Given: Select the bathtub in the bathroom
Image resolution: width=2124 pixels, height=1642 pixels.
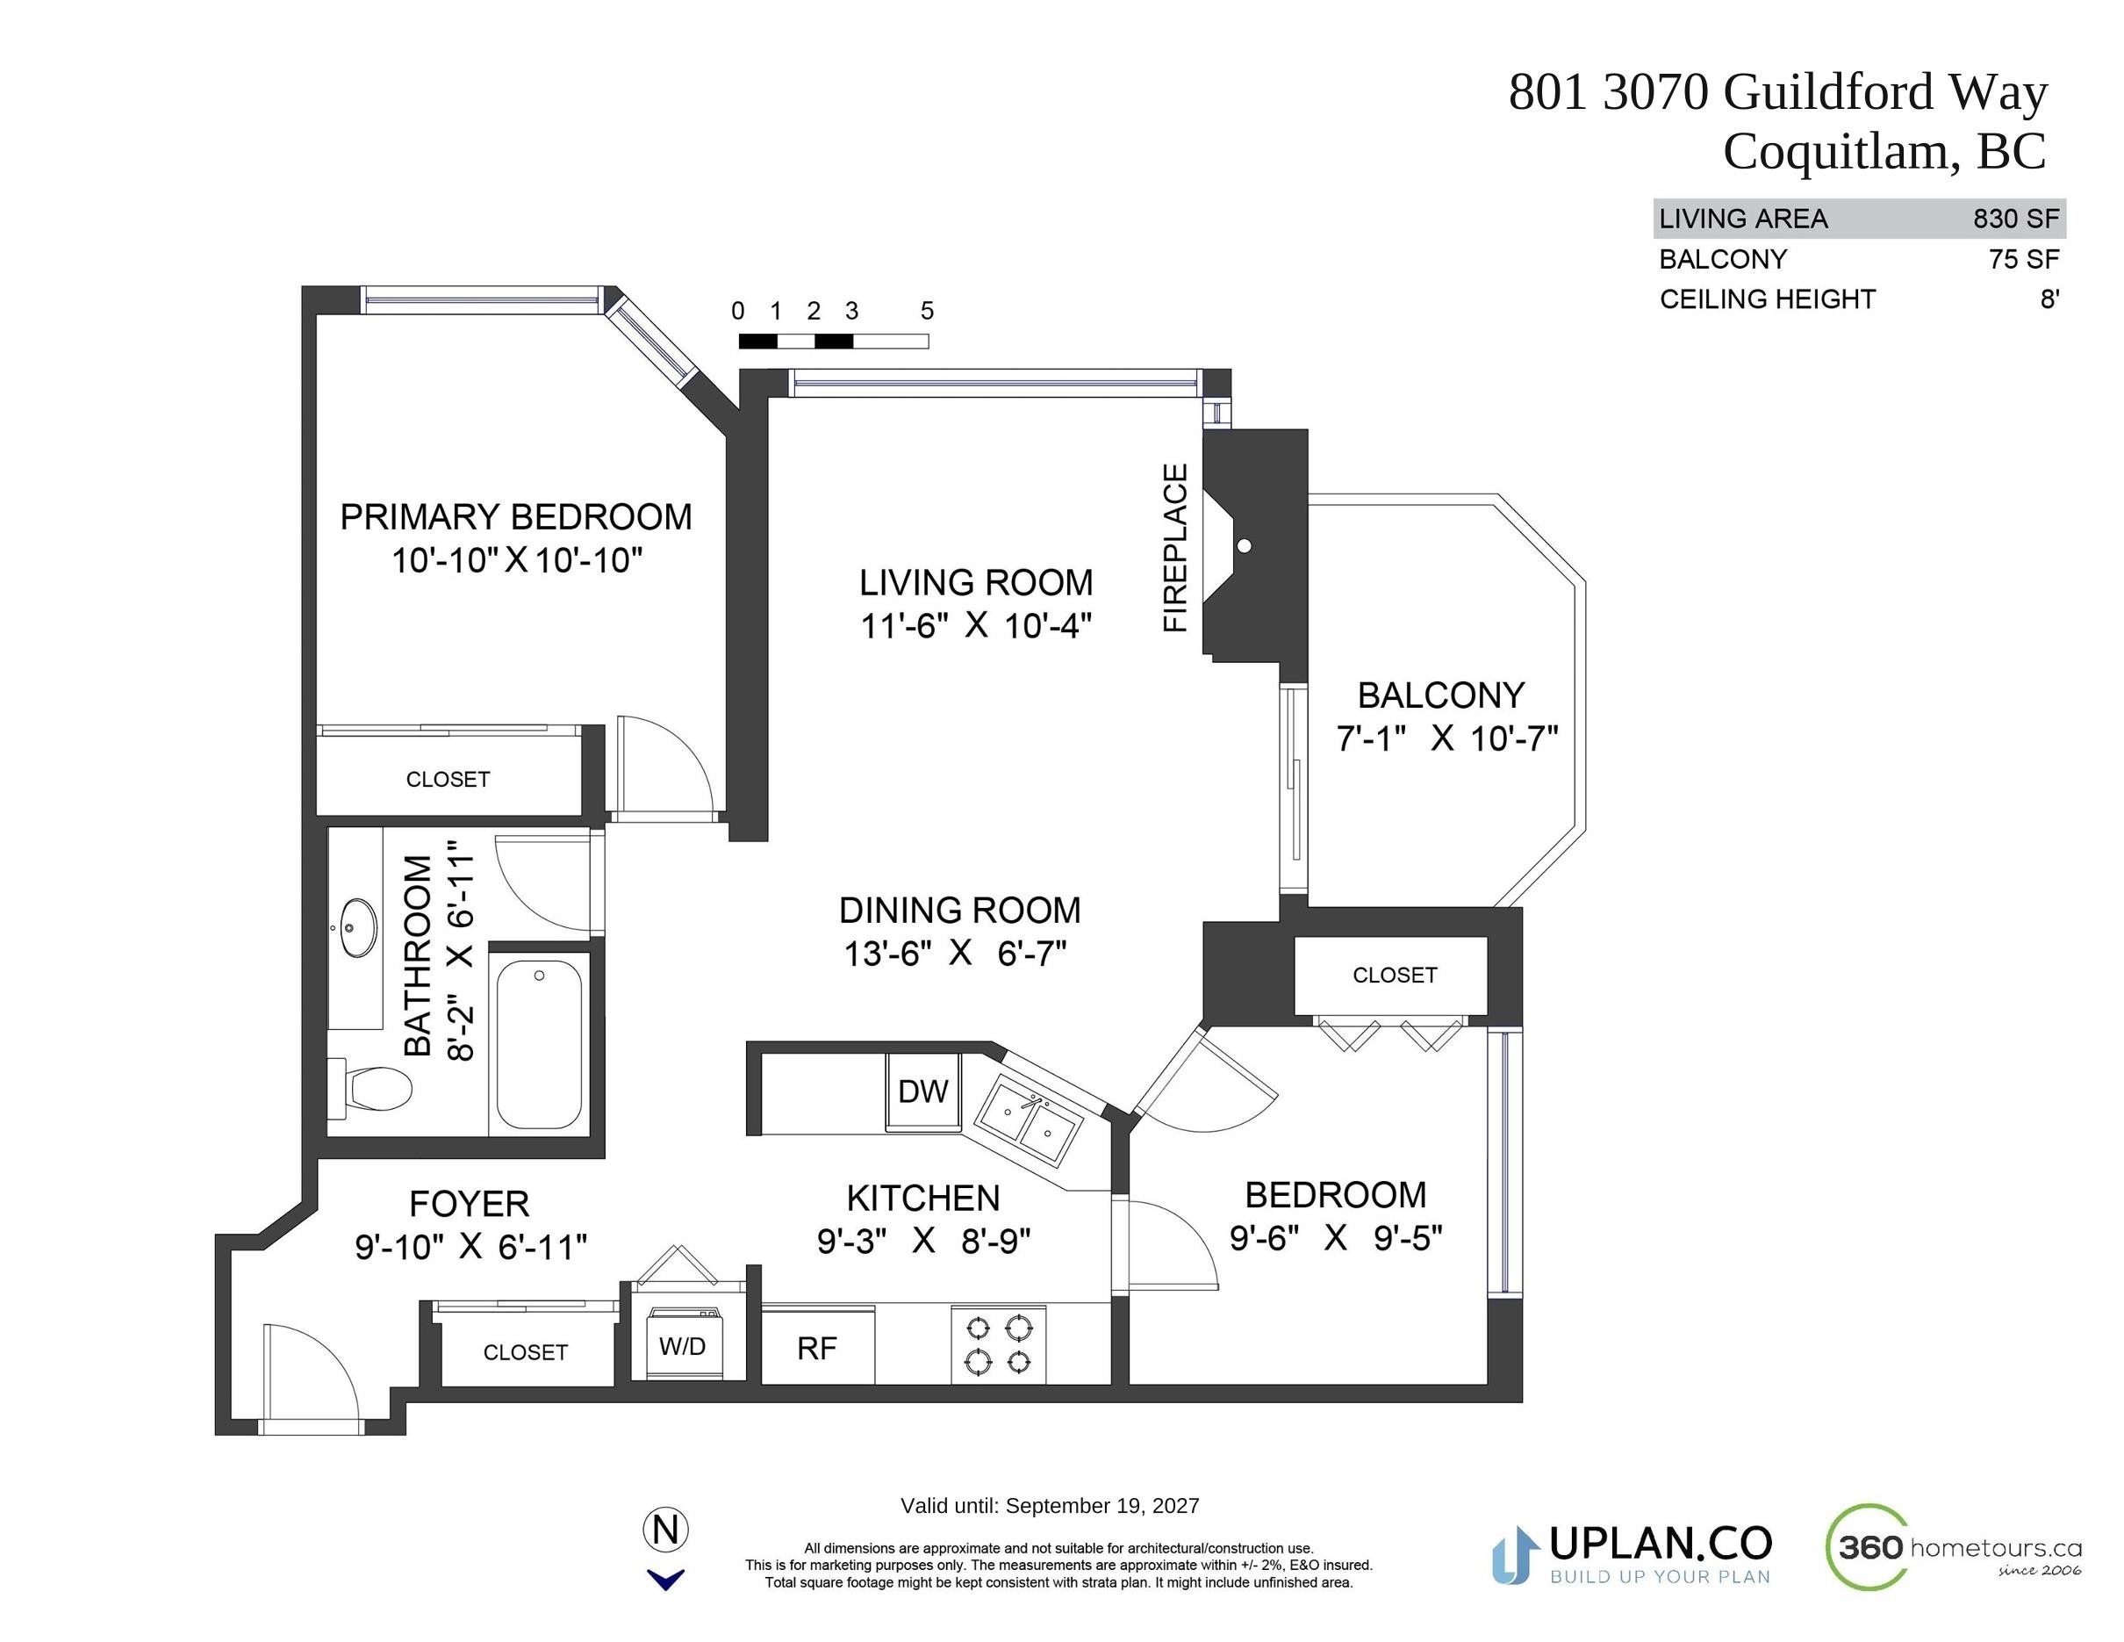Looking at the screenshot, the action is pyautogui.click(x=540, y=1044).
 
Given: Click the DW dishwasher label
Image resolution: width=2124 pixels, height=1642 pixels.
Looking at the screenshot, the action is pyautogui.click(x=922, y=1091).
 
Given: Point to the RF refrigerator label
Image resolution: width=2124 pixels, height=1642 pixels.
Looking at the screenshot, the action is pyautogui.click(x=817, y=1348).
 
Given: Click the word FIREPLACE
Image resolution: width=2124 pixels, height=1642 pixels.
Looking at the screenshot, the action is pyautogui.click(x=1176, y=548).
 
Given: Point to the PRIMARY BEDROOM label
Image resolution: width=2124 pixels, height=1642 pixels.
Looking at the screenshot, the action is pyautogui.click(x=515, y=516).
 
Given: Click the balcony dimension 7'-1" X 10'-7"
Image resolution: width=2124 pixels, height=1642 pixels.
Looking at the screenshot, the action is pyautogui.click(x=1446, y=738).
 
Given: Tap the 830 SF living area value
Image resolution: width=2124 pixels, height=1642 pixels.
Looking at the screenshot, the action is pyautogui.click(x=2016, y=219).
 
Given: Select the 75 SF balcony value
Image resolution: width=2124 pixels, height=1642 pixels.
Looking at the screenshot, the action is pyautogui.click(x=2025, y=259).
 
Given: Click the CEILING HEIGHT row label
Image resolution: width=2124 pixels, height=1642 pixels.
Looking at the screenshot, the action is pyautogui.click(x=1767, y=299).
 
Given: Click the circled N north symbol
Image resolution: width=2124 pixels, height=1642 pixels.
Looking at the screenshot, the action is pyautogui.click(x=666, y=1530).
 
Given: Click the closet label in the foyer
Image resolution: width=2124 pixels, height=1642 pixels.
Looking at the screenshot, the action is pyautogui.click(x=525, y=1352).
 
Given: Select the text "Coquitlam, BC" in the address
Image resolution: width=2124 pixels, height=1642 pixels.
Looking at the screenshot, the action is pyautogui.click(x=1884, y=152).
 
